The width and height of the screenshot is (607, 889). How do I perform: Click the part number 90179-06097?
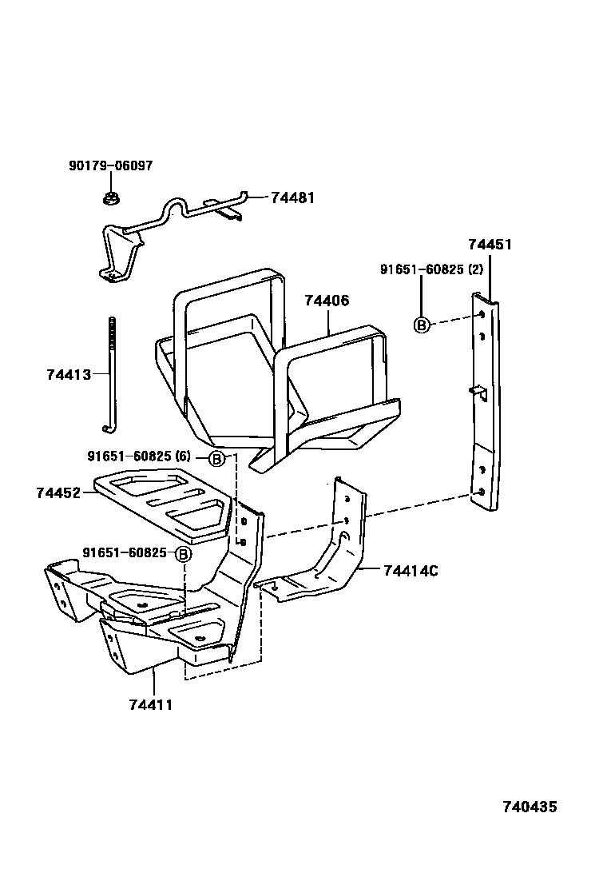(110, 165)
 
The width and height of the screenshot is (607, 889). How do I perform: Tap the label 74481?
(292, 197)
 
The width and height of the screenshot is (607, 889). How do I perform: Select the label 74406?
(327, 301)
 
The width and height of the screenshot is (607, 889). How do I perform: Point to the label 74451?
(490, 245)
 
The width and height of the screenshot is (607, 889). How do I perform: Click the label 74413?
(68, 373)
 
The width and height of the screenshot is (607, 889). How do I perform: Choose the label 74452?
(58, 492)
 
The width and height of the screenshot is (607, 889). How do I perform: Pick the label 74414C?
(411, 571)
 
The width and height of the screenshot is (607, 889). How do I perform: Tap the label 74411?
(150, 704)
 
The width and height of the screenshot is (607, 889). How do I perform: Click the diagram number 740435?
(529, 807)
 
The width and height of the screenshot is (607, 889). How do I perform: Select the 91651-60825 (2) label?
(431, 270)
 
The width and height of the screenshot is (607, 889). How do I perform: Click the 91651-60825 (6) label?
(140, 456)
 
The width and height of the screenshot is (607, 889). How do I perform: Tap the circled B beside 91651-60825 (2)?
(421, 325)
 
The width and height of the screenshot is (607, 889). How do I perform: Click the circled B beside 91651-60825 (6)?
(216, 458)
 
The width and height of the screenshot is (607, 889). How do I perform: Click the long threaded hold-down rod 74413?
(111, 368)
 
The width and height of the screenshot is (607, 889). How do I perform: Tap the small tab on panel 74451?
(478, 391)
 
